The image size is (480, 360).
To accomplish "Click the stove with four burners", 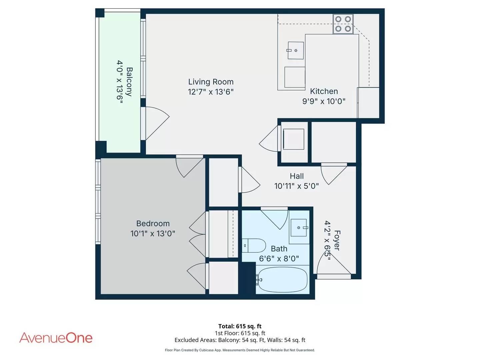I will coord(343,24).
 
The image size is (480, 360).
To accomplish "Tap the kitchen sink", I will coord(295,50).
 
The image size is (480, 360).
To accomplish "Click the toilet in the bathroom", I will coord(254,246).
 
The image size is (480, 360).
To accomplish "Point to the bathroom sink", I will coord(298,228).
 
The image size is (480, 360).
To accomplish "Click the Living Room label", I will coord(211,82).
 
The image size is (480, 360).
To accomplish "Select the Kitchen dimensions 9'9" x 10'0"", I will coord(324,101).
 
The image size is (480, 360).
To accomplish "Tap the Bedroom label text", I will coord(153,224).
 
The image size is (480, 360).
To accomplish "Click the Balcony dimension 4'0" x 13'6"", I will coord(120,82).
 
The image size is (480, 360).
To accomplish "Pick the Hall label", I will coord(296,176).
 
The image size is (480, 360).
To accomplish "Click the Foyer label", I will coord(337,240).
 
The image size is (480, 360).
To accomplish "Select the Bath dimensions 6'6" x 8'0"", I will coord(279,259).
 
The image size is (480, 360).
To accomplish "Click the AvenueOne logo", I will coord(56,338).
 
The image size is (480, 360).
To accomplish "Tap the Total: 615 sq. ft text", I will coord(240,326).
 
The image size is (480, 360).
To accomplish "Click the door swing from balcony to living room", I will coord(156,122).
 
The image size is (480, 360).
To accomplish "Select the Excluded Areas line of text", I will coord(240,340).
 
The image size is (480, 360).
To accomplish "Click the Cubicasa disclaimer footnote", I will coord(240,350).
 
